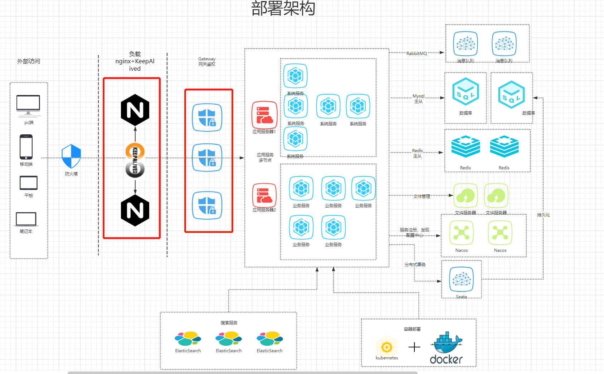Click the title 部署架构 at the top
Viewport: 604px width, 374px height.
pyautogui.click(x=283, y=9)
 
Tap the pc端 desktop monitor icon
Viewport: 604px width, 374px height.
pyautogui.click(x=28, y=106)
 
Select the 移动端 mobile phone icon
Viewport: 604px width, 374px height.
pyautogui.click(x=26, y=147)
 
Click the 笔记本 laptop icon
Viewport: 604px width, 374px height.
pyautogui.click(x=26, y=219)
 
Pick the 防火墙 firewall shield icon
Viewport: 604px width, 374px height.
pyautogui.click(x=71, y=156)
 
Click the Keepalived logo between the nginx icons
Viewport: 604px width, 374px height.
pyautogui.click(x=135, y=160)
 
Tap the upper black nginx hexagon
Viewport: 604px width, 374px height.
pyautogui.click(x=135, y=110)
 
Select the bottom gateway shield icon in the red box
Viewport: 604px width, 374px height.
pyautogui.click(x=207, y=205)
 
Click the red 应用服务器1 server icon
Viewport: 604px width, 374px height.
pyautogui.click(x=264, y=115)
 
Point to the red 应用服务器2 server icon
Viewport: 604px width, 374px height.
pyautogui.click(x=264, y=195)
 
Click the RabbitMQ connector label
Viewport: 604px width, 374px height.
pyautogui.click(x=417, y=53)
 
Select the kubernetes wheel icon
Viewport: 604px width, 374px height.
pyautogui.click(x=387, y=347)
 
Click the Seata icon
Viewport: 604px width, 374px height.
pyautogui.click(x=462, y=279)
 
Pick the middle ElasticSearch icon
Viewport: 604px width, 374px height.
pyautogui.click(x=229, y=339)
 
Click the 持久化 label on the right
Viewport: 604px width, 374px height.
pyautogui.click(x=543, y=215)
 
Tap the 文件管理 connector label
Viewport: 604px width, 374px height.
pyautogui.click(x=422, y=196)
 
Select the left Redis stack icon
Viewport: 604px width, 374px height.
pyautogui.click(x=466, y=146)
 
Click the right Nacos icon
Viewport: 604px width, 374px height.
pyautogui.click(x=500, y=233)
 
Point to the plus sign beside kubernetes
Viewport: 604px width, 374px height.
pyautogui.click(x=414, y=347)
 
